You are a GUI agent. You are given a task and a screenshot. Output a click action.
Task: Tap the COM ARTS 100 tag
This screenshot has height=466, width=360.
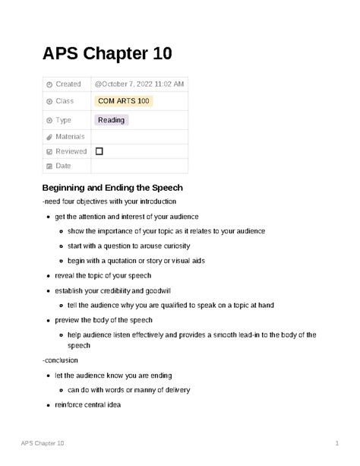click(123, 100)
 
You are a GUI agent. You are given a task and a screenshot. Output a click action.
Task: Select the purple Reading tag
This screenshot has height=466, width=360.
click(111, 120)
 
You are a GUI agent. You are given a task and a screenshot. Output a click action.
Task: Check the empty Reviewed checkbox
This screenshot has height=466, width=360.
click(99, 151)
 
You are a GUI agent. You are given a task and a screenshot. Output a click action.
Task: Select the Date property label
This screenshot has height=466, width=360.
click(64, 166)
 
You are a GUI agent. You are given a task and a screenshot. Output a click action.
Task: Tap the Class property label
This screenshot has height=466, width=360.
click(66, 100)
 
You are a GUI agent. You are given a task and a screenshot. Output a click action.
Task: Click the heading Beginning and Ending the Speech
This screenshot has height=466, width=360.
click(113, 187)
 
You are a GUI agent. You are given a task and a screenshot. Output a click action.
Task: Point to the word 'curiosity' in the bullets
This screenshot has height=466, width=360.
click(173, 246)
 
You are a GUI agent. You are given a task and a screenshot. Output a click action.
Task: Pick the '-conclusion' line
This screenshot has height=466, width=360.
click(61, 360)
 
